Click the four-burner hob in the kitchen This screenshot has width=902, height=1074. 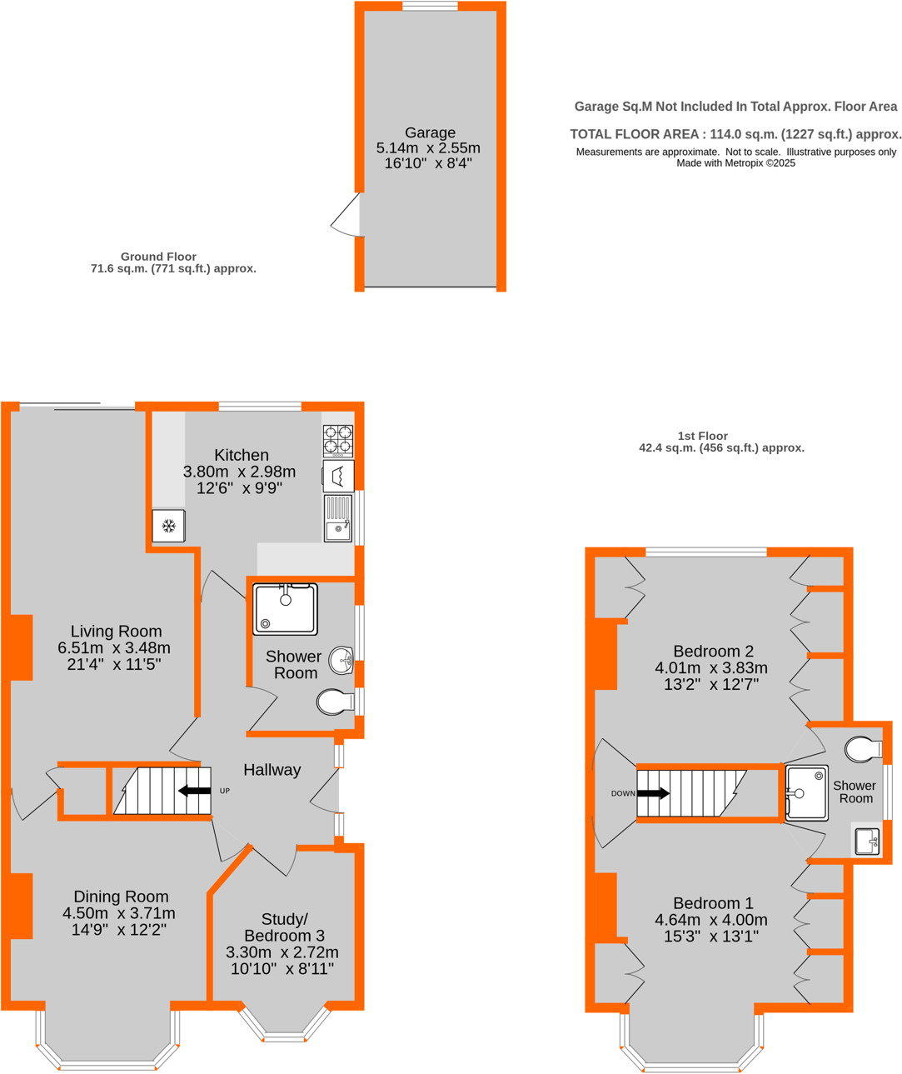337,441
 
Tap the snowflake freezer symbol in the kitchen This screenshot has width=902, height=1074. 168,526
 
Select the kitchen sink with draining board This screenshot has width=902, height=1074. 338,518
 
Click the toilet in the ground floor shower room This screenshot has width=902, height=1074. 335,702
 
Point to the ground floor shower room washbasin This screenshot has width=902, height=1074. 341,661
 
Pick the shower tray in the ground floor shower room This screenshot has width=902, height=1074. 285,609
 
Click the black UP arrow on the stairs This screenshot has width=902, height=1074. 195,791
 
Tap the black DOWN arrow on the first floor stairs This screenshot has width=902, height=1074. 653,793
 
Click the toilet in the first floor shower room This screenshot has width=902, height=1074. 863,749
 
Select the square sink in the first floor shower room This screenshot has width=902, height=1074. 867,841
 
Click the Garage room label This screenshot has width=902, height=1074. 430,132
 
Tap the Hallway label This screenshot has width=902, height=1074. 272,770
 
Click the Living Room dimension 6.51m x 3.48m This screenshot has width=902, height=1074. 114,647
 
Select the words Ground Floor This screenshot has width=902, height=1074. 158,257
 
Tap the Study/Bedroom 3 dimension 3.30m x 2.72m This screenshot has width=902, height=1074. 282,952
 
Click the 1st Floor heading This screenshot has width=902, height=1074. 703,436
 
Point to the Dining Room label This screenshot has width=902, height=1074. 121,897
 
